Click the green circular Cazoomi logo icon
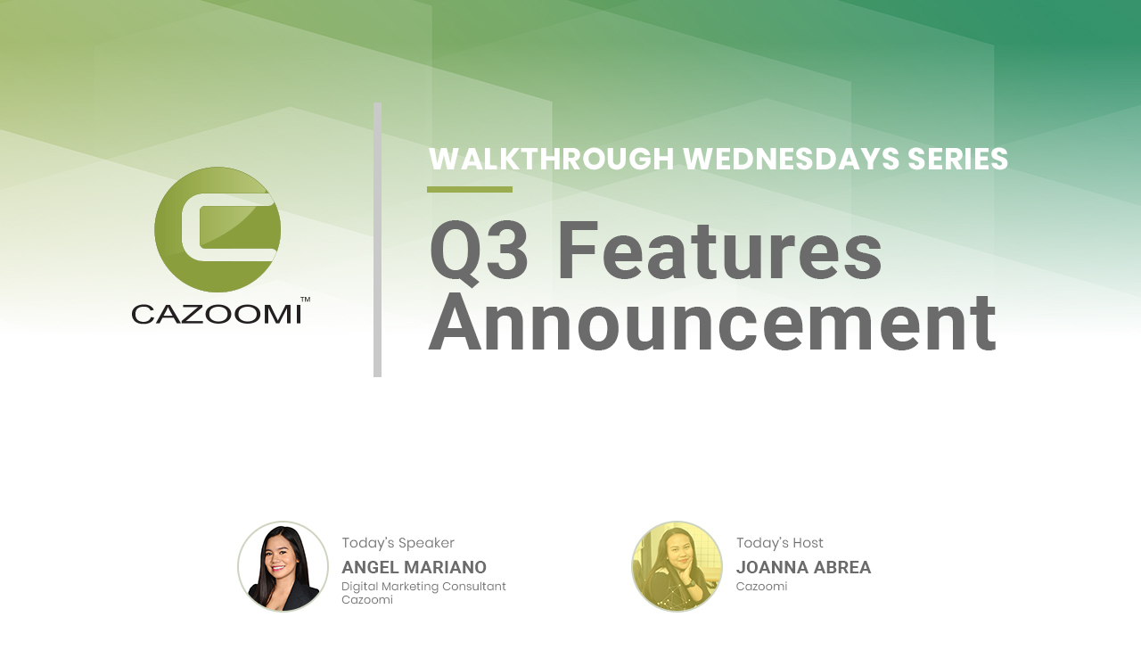pyautogui.click(x=218, y=230)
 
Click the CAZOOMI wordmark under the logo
pyautogui.click(x=217, y=315)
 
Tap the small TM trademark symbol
pyautogui.click(x=305, y=300)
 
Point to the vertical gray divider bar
pyautogui.click(x=377, y=240)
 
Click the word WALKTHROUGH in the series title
pyautogui.click(x=552, y=159)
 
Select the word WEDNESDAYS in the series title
pyautogui.click(x=791, y=159)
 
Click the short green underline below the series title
pyautogui.click(x=470, y=190)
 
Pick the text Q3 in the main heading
pyautogui.click(x=480, y=251)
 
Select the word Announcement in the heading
pyautogui.click(x=712, y=323)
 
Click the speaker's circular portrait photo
pyautogui.click(x=283, y=566)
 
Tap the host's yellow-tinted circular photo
pyautogui.click(x=677, y=566)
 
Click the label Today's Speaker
pyautogui.click(x=398, y=543)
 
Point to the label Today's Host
pyautogui.click(x=779, y=543)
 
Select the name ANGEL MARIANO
pyautogui.click(x=415, y=567)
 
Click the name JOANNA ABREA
pyautogui.click(x=803, y=567)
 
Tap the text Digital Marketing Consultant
pyautogui.click(x=423, y=587)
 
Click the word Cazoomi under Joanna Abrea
pyautogui.click(x=761, y=587)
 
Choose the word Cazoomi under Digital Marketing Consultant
pyautogui.click(x=367, y=599)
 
